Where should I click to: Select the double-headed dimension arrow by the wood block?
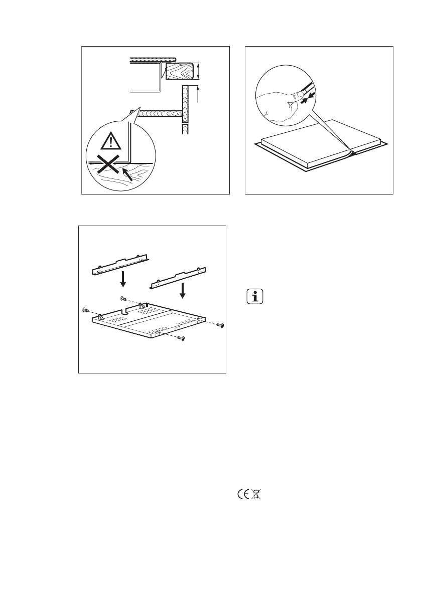(199, 71)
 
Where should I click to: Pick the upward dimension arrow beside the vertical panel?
(199, 94)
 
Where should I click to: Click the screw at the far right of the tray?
(220, 326)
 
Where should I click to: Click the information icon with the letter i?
(256, 296)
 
